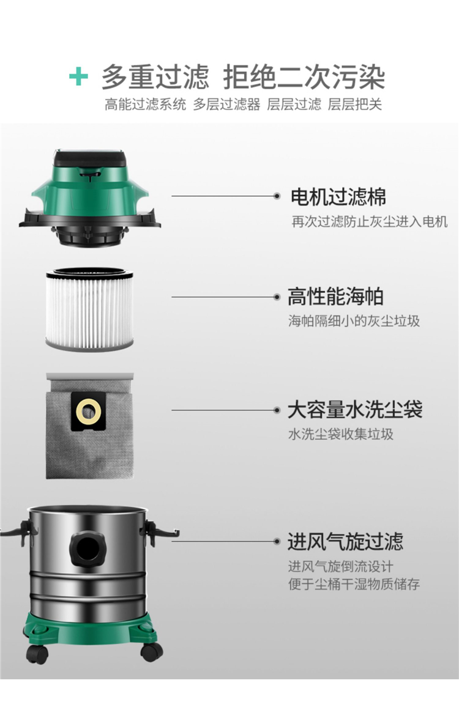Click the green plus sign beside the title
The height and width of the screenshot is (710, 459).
pos(78,76)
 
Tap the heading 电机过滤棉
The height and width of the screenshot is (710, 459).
pos(338,197)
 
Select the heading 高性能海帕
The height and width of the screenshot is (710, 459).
pos(335,297)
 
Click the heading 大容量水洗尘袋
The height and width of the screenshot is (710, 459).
pos(355,410)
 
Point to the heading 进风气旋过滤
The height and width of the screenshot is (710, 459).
pos(345,541)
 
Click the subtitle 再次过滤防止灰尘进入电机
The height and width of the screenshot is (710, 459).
pos(369,222)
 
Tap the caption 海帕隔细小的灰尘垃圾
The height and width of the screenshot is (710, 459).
pos(354,321)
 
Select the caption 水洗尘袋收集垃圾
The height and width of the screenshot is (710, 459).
pos(341,434)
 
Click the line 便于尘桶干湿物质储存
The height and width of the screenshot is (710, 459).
pos(354,583)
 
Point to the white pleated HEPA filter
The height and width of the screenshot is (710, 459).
pos(89,308)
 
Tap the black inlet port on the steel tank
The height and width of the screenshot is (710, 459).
pos(87,549)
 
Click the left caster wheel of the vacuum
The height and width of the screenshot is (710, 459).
pos(37,654)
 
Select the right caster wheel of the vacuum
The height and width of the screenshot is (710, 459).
pos(151,651)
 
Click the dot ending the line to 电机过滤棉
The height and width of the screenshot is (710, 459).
pos(277,196)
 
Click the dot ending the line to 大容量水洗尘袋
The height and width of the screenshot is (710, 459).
pos(277,410)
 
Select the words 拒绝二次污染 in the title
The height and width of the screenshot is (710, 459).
pos(304,77)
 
